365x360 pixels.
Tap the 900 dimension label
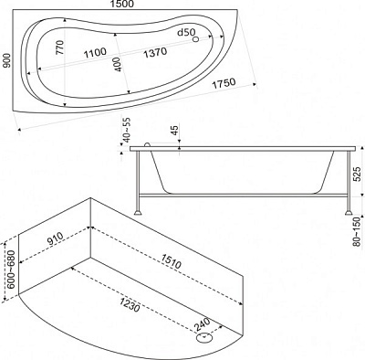(7, 60)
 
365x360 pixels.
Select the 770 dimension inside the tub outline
(60, 48)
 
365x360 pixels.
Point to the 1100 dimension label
(95, 53)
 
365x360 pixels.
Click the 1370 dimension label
(155, 52)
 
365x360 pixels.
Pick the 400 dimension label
(118, 65)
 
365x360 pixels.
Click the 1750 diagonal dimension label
(224, 83)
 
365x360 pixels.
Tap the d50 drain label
(185, 32)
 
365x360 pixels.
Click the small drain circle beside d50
(196, 39)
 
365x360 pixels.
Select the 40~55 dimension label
(126, 130)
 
